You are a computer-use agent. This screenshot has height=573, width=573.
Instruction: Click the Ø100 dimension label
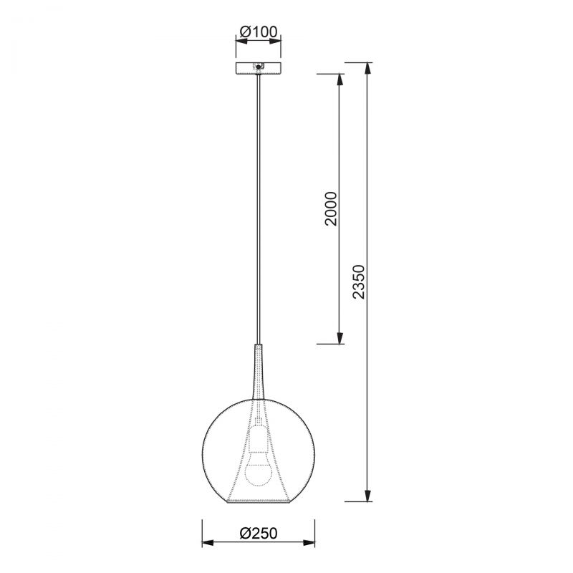pos(259,32)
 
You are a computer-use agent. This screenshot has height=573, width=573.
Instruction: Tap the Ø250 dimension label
pos(259,534)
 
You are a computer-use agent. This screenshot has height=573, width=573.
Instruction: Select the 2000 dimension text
pos(331,208)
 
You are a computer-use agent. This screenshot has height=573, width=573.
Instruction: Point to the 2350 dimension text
pos(359,281)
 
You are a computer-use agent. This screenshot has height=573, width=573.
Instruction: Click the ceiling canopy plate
pos(259,67)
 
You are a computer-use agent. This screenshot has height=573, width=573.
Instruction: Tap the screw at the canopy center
pos(259,67)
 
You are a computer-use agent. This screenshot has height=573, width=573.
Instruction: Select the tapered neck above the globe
pos(259,371)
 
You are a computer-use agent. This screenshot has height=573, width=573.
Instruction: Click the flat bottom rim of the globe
pos(259,501)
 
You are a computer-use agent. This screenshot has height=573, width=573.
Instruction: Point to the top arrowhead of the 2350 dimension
pos(368,68)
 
